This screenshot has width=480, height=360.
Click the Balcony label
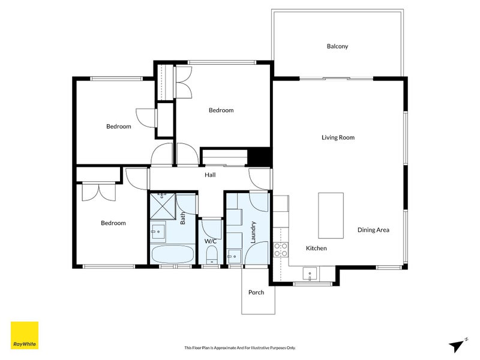point(337,47)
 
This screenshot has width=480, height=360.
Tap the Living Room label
point(338,137)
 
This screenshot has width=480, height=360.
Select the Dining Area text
point(373,230)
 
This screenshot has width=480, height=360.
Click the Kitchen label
point(316,248)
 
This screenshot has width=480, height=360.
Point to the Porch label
point(256,292)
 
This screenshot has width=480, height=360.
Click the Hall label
point(210,175)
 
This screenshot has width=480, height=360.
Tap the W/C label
point(211,241)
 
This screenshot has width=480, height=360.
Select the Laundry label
point(253,232)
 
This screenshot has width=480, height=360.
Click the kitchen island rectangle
point(331,215)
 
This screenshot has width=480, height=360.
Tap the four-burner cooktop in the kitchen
point(281,250)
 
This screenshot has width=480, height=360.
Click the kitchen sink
point(310,274)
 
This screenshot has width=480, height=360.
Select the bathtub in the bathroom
point(173,254)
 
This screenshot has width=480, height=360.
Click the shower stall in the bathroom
point(163,206)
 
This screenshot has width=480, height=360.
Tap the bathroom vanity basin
point(158,230)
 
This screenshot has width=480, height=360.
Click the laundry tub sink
point(234,256)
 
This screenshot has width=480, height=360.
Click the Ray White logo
point(25,335)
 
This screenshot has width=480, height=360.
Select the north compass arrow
point(457,346)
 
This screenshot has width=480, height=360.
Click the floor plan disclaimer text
point(240,348)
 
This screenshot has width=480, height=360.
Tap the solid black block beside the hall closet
point(259,157)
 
